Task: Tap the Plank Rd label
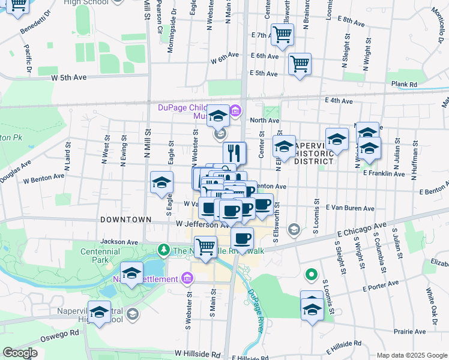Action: coord(403,85)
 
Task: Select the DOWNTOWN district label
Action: coord(125,220)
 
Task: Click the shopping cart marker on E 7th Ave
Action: coord(282,35)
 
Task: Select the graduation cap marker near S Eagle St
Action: coord(161,183)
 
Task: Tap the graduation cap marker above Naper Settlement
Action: coord(132,272)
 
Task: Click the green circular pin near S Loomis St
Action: coord(311,275)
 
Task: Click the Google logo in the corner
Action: coord(20,353)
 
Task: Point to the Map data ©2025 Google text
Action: coord(412,355)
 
